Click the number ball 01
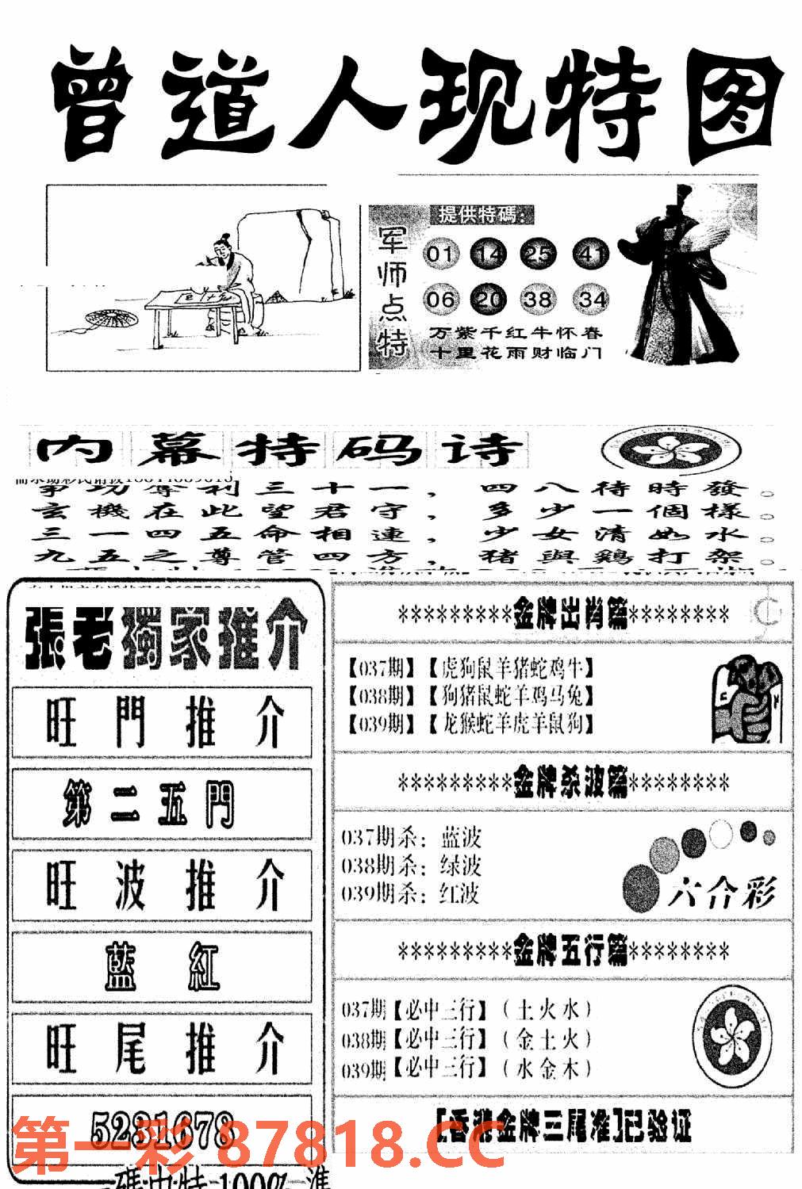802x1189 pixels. coord(441,254)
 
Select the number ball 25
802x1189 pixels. coord(539,254)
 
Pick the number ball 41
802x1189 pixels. coord(592,254)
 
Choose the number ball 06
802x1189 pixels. coord(441,299)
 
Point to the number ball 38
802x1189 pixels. coord(539,299)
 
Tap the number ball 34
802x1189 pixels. coord(592,299)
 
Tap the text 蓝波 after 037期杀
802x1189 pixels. coord(460,838)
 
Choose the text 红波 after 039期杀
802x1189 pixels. coord(460,893)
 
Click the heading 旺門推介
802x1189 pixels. coord(162,723)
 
